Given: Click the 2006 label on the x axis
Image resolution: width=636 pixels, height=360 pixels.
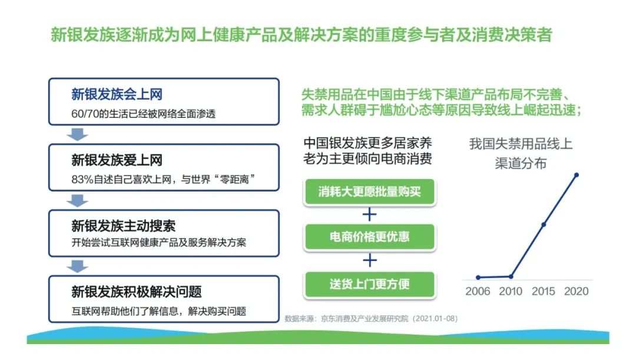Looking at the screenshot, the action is point(478,292).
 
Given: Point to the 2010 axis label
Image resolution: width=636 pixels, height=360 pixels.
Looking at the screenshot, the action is point(510,292).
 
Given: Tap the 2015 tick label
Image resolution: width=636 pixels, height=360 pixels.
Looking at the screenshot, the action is point(543,292).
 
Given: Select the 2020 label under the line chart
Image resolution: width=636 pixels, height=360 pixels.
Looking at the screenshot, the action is point(576,292).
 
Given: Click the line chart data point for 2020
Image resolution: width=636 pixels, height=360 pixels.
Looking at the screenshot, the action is point(577,175).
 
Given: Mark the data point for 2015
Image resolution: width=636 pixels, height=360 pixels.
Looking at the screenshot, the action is point(544,224).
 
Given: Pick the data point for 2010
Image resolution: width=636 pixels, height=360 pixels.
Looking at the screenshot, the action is point(511,277).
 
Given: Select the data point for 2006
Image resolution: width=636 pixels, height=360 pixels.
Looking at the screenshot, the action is point(478,278).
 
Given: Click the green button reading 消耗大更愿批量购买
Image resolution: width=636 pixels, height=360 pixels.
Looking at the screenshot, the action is point(369,191).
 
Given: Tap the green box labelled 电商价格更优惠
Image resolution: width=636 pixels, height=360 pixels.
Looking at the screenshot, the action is point(369,237).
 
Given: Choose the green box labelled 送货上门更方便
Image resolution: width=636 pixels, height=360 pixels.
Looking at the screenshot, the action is point(369,284).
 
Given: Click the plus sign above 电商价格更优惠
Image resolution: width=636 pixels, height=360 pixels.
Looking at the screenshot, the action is point(369,214).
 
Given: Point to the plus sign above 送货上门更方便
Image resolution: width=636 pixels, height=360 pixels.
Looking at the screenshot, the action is point(369,260).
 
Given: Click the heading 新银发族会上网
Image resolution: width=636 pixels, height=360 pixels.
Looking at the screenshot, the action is point(117,94).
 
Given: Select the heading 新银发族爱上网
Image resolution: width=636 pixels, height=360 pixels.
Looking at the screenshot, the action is point(117,160).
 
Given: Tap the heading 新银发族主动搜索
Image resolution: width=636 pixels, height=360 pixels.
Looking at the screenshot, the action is point(123,226).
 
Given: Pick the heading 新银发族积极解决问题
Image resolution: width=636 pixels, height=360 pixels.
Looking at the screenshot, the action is point(136,292).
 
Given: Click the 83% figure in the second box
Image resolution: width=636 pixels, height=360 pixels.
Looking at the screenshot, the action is point(82,179).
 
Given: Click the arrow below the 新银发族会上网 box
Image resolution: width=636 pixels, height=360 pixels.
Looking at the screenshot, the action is point(77,134).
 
